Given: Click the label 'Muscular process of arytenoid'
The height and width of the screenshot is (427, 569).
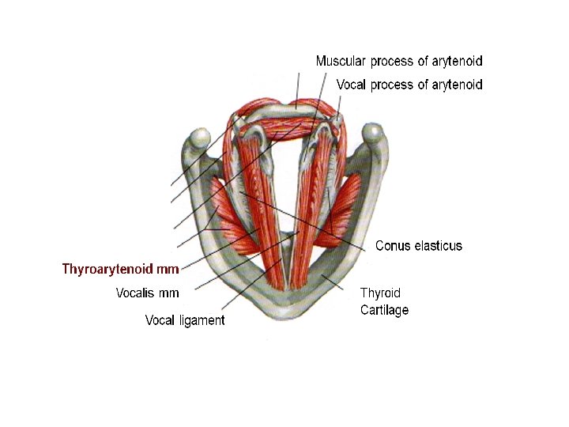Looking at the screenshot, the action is [398, 61].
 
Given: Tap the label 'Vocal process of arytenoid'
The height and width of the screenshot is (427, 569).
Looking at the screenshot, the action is [409, 85].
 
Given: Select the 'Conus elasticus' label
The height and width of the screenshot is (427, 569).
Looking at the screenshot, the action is [418, 246].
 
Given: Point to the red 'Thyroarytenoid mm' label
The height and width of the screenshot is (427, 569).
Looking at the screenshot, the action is [120, 269].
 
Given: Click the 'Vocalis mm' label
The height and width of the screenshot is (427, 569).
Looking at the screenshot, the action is [147, 293].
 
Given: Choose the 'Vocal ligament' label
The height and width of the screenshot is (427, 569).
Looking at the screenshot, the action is [185, 320].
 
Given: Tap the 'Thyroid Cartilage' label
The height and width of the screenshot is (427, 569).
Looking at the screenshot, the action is [384, 301].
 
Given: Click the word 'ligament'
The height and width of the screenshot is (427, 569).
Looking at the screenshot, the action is [202, 320].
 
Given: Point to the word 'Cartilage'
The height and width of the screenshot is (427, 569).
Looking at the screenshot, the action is [384, 310].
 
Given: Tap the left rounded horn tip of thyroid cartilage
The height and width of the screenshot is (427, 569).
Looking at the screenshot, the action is [194, 143].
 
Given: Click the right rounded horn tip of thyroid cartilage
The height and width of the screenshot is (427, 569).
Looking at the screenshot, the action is [373, 136].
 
